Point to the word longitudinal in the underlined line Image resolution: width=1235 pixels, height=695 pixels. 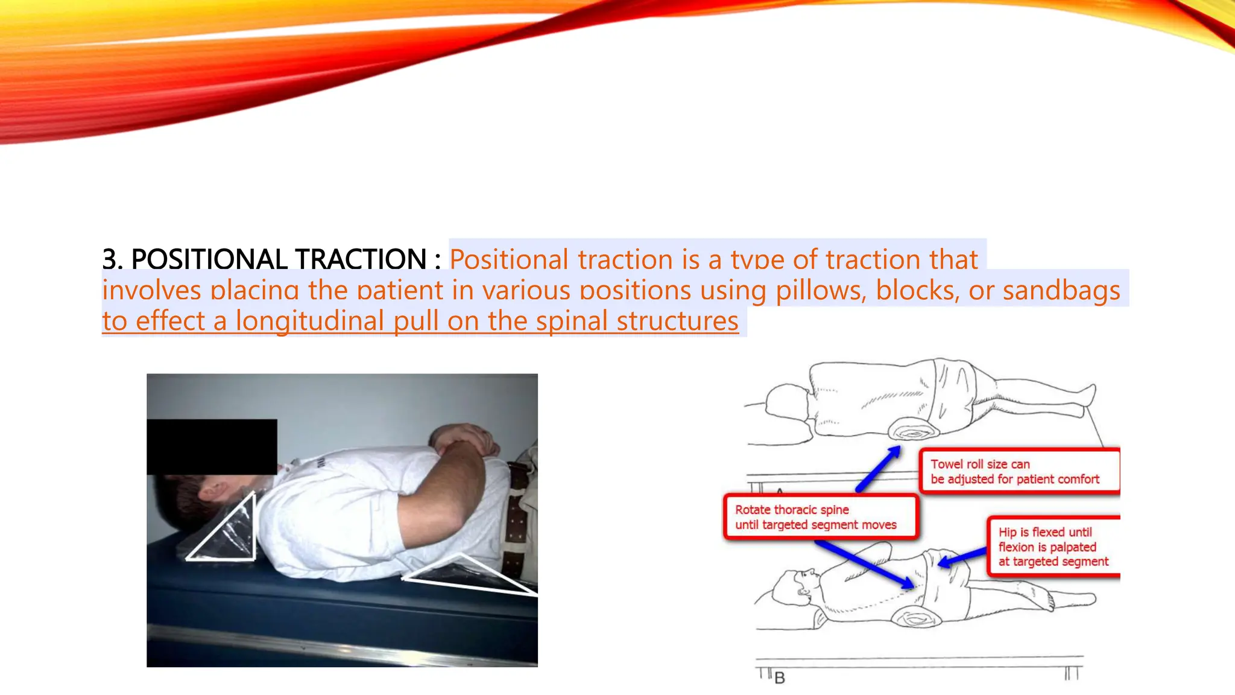click(x=309, y=321)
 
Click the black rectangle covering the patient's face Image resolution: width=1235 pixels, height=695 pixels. click(x=212, y=446)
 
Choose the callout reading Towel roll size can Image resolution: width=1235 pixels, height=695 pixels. click(x=1019, y=471)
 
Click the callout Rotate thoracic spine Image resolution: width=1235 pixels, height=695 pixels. click(x=820, y=517)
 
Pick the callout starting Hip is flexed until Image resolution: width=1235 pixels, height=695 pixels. click(x=1053, y=547)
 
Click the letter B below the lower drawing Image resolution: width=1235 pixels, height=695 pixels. click(x=780, y=678)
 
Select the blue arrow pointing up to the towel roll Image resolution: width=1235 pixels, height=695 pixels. click(x=878, y=469)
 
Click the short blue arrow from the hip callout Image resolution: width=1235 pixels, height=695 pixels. click(x=962, y=557)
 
